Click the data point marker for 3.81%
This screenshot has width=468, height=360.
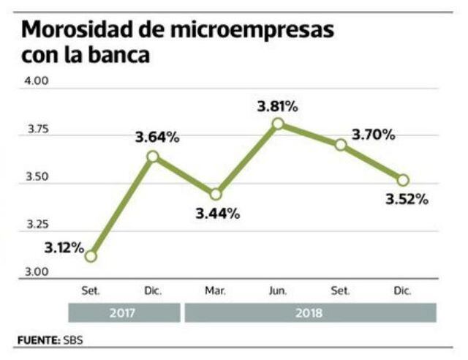click(x=278, y=124)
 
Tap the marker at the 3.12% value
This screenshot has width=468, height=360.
click(x=90, y=256)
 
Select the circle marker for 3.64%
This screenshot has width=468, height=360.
click(x=153, y=156)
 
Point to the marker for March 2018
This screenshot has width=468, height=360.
click(x=215, y=195)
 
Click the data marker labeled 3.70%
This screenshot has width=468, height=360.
click(x=340, y=145)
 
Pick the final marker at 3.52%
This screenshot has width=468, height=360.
click(x=403, y=180)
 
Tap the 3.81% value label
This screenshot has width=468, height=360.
click(x=277, y=107)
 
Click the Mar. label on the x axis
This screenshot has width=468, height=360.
click(x=215, y=291)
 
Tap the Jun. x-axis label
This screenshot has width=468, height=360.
click(x=278, y=291)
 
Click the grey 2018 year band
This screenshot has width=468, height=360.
click(x=310, y=313)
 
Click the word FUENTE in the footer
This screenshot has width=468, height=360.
click(x=37, y=341)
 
